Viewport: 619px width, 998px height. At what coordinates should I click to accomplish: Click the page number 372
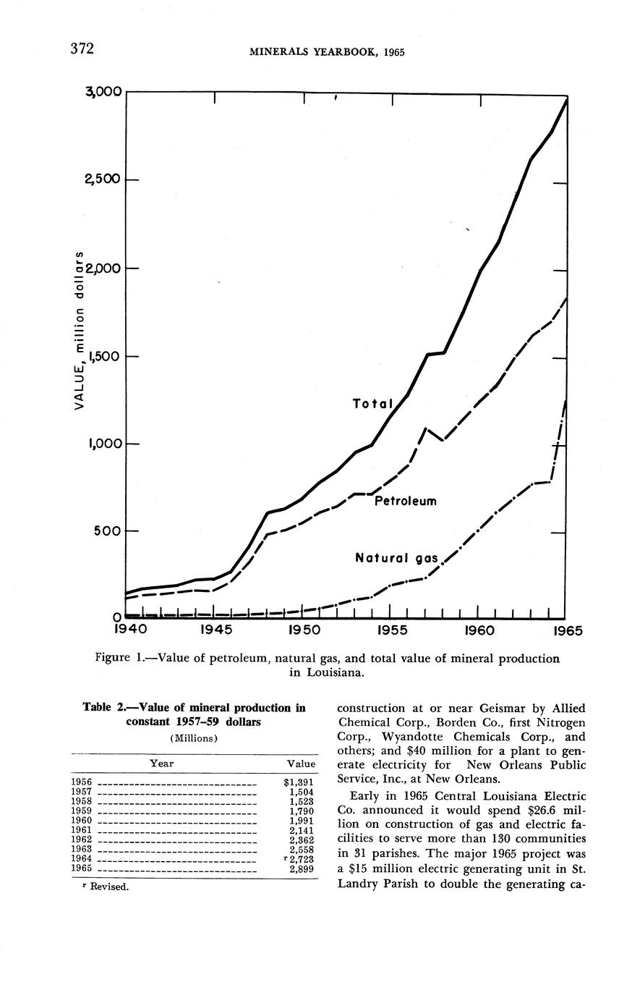82,49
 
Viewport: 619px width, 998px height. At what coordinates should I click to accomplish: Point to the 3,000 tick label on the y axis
103,92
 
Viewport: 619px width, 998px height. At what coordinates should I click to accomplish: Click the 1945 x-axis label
215,630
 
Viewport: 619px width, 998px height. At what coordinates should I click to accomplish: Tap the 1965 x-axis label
568,630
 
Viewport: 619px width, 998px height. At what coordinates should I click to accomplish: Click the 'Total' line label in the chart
372,404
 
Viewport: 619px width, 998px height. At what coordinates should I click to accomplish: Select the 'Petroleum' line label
406,501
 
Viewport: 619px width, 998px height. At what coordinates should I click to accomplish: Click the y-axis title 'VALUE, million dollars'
81,330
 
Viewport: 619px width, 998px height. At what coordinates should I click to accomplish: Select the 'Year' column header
162,763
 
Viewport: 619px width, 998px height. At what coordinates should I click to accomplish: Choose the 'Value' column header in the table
301,763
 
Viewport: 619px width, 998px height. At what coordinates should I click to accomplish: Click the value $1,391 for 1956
299,782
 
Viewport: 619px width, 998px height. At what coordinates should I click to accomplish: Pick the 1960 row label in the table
82,821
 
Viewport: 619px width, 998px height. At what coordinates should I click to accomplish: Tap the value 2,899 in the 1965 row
301,868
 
